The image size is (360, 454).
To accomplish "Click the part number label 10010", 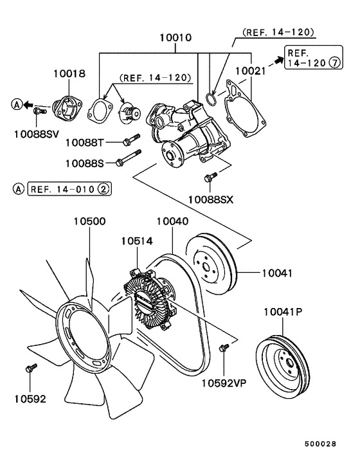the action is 175,38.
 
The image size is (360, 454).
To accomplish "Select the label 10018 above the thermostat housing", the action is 69,73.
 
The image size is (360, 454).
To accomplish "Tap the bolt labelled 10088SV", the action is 40,111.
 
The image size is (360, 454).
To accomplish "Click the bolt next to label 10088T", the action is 131,140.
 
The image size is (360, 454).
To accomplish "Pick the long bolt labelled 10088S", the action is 128,158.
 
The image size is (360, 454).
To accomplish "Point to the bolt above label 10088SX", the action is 211,177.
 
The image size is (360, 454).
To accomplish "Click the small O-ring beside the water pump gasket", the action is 211,98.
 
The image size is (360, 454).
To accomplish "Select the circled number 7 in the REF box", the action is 335,62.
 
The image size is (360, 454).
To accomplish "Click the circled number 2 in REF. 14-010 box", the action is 104,189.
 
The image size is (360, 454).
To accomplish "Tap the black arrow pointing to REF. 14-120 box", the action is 279,60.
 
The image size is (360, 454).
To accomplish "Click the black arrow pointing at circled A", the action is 28,105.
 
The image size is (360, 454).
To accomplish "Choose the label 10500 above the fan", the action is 90,221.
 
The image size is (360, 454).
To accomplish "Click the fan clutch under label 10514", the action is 150,299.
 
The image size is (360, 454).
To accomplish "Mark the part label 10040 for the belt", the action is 173,221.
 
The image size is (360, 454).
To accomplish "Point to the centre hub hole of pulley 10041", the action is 206,267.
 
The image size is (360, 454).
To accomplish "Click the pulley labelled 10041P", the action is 283,367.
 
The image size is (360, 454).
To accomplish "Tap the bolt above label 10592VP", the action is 224,347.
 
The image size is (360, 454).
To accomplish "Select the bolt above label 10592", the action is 32,368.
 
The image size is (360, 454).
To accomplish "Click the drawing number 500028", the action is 320,444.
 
